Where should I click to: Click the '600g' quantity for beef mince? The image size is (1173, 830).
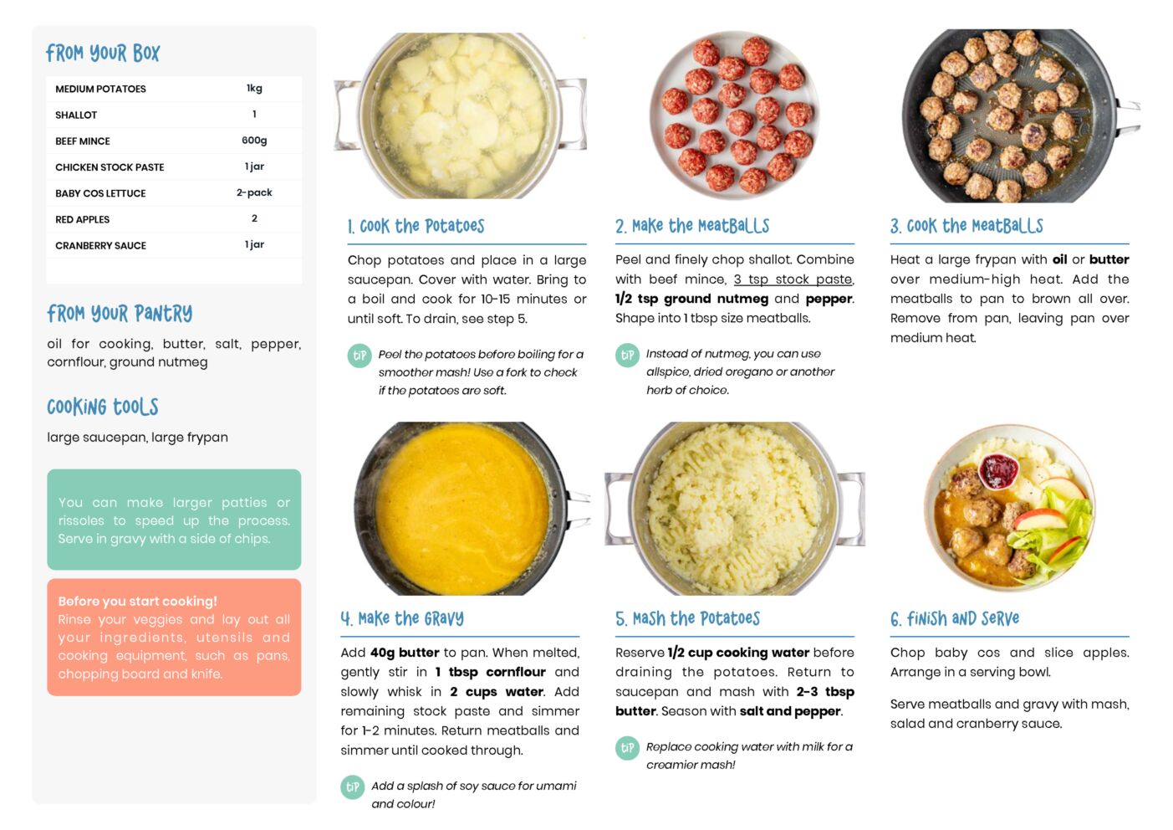tap(254, 141)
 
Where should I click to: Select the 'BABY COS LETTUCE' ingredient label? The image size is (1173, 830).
tap(100, 193)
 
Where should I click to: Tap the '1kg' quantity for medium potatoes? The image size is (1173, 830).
tap(254, 88)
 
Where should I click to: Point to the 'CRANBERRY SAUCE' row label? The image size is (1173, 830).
tap(100, 246)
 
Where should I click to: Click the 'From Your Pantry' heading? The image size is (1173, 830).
tap(120, 314)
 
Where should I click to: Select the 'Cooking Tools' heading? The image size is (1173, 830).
tap(103, 407)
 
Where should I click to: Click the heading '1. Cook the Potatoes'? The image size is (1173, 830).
tap(416, 226)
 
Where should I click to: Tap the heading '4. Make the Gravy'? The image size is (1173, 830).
tap(402, 618)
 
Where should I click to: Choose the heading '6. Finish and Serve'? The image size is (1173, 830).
tap(955, 619)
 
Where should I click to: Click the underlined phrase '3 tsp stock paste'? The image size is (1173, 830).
tap(793, 279)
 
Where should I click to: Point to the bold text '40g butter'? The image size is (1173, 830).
tap(405, 653)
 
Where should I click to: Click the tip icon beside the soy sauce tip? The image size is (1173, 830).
tap(353, 787)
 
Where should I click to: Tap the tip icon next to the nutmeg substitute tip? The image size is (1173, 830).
tap(627, 356)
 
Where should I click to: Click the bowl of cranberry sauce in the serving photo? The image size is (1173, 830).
tap(998, 470)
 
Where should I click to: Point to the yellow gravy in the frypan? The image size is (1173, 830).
tap(462, 507)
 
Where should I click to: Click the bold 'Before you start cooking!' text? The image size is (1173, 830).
tap(137, 601)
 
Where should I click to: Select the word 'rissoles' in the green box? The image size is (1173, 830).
tap(80, 521)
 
